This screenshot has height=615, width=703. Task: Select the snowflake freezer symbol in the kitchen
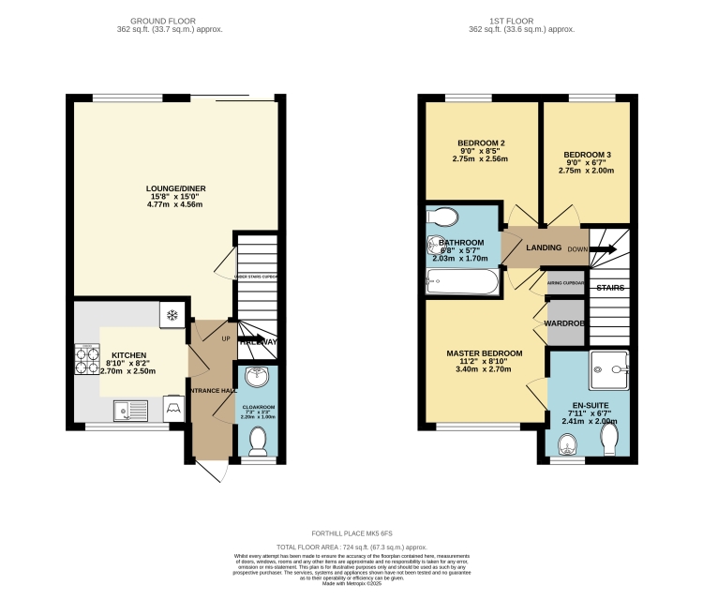point(172,314)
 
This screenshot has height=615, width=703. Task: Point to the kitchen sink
point(123,408)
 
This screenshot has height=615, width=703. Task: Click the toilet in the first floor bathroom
point(441,217)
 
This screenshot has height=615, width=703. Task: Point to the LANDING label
point(544,247)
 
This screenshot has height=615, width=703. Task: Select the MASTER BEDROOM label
point(479,353)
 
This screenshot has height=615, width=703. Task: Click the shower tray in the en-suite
point(606,370)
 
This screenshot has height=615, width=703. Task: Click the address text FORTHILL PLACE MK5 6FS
point(351,532)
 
